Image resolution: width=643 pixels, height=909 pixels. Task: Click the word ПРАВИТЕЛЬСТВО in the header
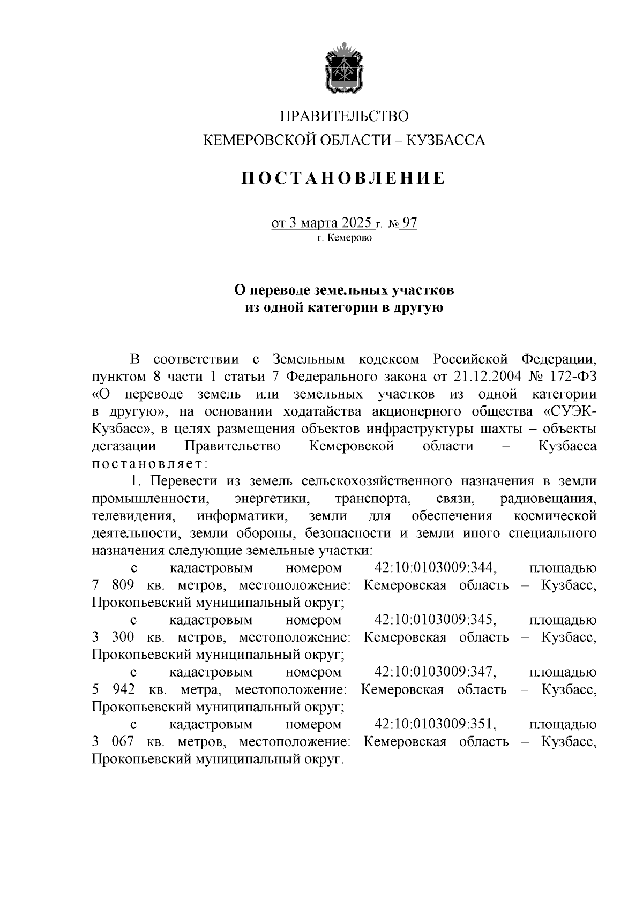click(x=345, y=116)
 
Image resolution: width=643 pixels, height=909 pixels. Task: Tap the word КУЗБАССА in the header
click(x=446, y=140)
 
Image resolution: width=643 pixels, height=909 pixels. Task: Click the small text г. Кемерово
click(x=344, y=238)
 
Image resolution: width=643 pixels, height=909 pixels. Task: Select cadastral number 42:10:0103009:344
click(x=436, y=568)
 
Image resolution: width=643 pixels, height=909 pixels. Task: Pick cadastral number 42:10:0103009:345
click(x=436, y=620)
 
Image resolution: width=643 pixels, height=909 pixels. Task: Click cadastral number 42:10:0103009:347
click(x=436, y=672)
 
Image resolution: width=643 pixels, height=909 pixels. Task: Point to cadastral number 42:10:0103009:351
click(x=436, y=725)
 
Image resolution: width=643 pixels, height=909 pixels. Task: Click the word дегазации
click(x=124, y=446)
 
